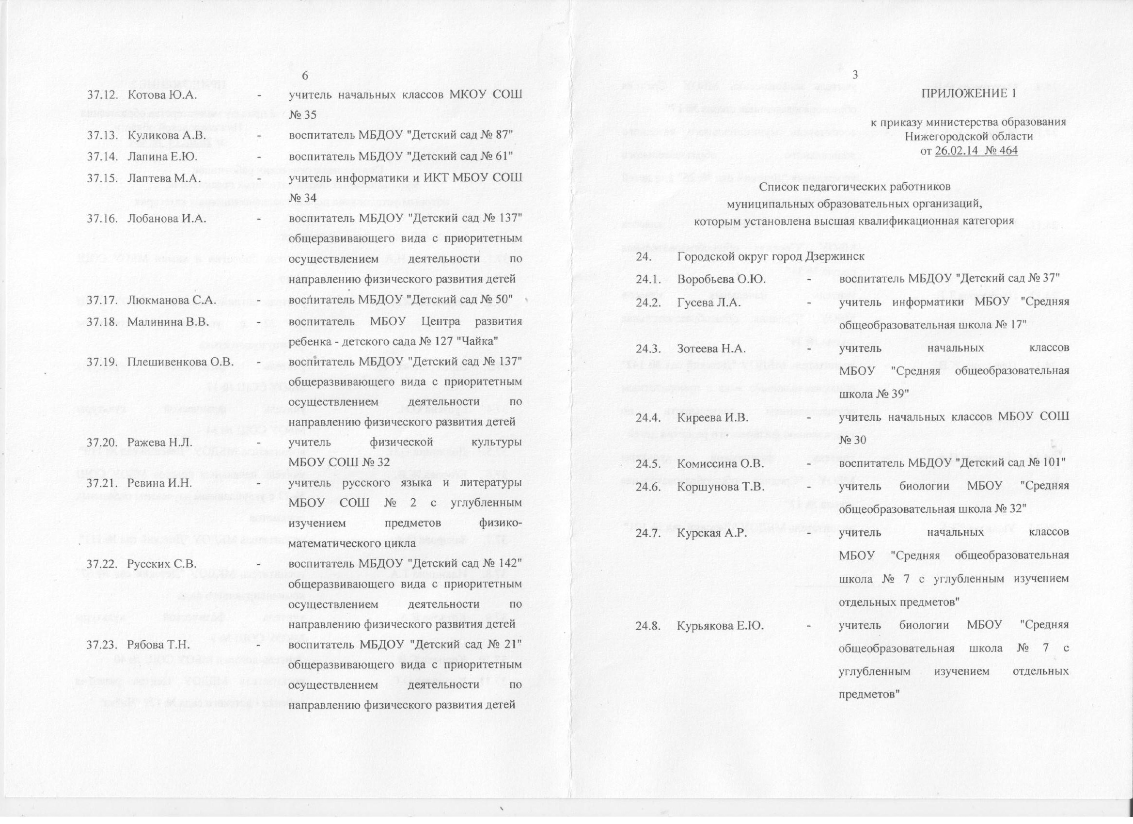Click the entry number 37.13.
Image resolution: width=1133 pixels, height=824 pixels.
coord(102,135)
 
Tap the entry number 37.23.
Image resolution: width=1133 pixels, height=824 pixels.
coord(102,645)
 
